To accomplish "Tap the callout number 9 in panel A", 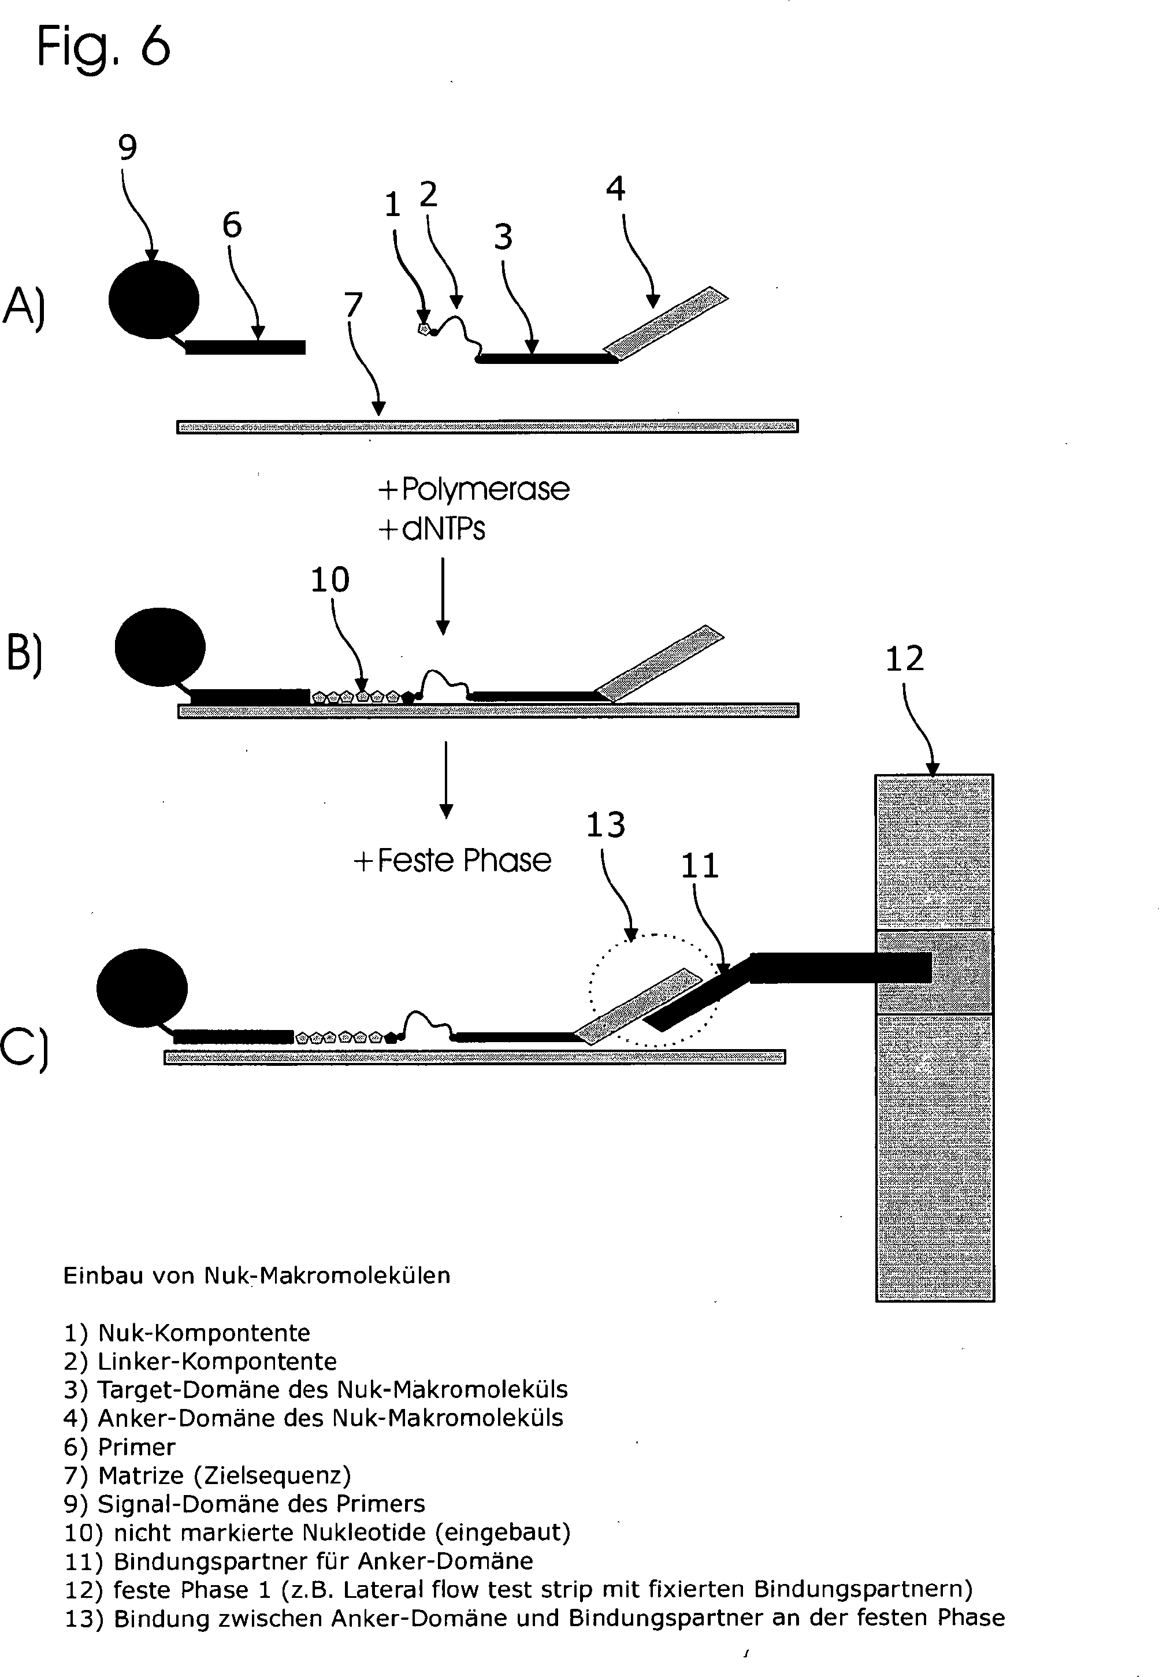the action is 127,147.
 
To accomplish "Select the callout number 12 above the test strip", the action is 904,659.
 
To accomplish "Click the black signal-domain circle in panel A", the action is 154,299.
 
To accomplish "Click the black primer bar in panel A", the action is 246,347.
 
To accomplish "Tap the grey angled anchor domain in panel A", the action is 667,323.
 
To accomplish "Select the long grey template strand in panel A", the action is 487,426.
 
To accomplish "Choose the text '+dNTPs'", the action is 432,529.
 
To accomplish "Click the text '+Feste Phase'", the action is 452,860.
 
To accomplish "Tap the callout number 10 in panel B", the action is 330,579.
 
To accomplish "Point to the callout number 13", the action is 605,825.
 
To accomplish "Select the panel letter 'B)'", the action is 24,654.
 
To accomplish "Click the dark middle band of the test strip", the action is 935,972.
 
